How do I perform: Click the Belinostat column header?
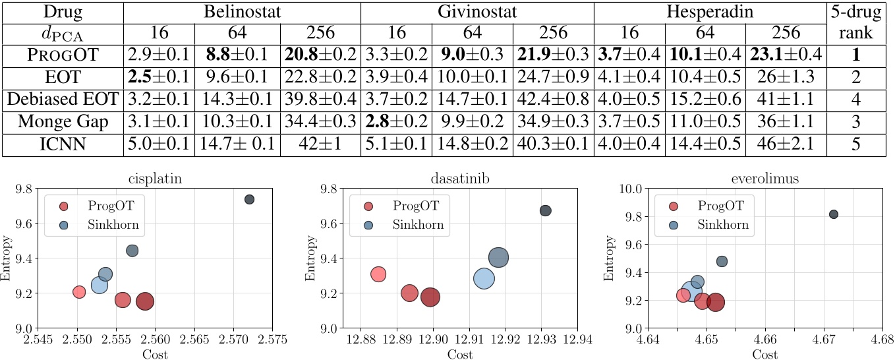click(x=242, y=12)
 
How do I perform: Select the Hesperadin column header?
click(x=710, y=12)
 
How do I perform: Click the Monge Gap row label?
click(x=63, y=121)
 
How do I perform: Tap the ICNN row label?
click(x=63, y=144)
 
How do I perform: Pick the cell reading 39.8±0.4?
click(x=320, y=99)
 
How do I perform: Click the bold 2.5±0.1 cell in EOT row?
click(x=159, y=76)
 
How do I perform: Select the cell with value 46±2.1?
click(x=786, y=144)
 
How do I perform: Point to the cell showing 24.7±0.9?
click(x=554, y=76)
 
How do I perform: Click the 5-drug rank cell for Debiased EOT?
click(x=856, y=99)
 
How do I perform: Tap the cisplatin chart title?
click(x=155, y=178)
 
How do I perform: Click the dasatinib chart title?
click(x=460, y=178)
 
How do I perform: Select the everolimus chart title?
click(x=765, y=178)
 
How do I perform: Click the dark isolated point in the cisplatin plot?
click(x=249, y=199)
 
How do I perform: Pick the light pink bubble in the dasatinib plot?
click(x=378, y=274)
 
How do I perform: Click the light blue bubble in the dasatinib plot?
click(x=484, y=278)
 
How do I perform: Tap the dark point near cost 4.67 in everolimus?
click(x=834, y=214)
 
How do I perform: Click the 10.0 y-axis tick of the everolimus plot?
click(x=631, y=189)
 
